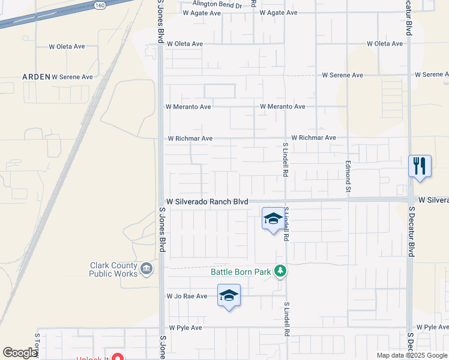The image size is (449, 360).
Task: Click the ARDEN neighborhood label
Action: pos(36,77)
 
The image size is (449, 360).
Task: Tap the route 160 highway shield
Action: pos(100,5)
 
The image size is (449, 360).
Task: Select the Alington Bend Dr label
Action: pos(217,5)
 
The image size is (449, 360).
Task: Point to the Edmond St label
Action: pos(348,176)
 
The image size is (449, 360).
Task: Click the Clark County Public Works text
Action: pos(113,269)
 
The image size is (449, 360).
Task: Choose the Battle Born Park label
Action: pos(241,272)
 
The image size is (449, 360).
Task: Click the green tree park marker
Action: pos(280,272)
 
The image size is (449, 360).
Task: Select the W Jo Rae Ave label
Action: pos(187,296)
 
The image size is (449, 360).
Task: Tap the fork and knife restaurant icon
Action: pos(420,165)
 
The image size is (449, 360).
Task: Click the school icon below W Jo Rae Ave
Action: pos(229,295)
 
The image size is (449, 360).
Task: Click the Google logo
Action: pos(20,353)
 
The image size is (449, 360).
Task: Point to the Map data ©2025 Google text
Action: pos(411,355)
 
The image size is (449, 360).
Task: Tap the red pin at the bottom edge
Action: pos(118,358)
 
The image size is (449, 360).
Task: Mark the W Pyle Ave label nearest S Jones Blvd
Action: pos(185,328)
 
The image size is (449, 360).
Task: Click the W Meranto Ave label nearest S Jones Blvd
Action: pos(188,107)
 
